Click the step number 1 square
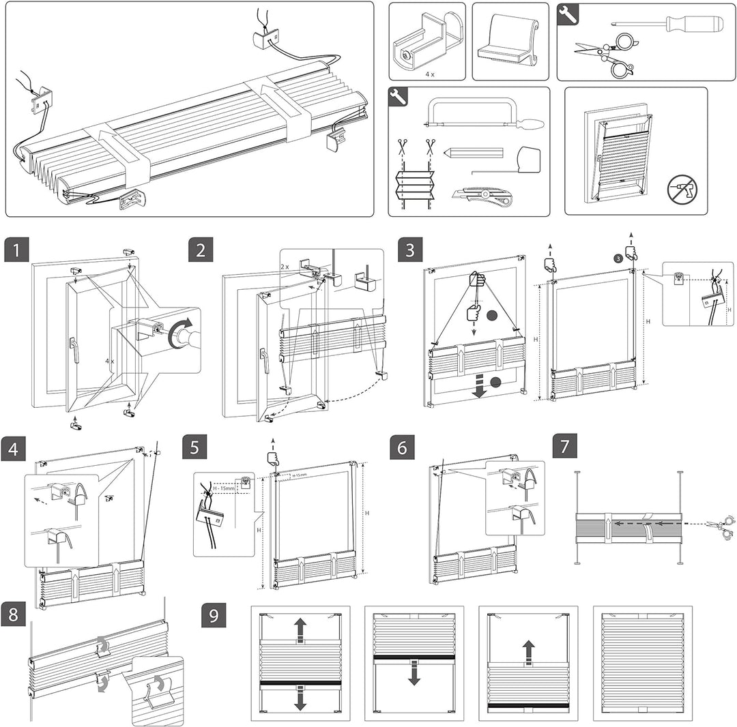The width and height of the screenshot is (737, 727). [17, 250]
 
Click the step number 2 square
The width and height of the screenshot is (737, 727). [201, 250]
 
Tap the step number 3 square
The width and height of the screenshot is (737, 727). [409, 250]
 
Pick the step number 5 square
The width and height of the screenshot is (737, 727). [195, 449]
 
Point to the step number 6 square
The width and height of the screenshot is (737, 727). [403, 449]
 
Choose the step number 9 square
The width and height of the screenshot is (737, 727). [214, 615]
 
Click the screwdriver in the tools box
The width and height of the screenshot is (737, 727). [667, 24]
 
